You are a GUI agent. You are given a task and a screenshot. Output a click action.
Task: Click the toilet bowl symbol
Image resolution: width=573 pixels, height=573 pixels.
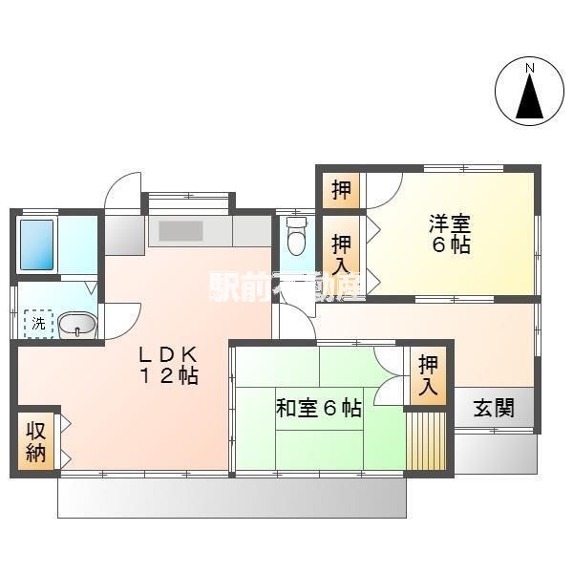(x=296, y=237)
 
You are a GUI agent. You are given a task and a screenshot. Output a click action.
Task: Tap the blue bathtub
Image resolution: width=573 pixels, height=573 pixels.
(x=36, y=244)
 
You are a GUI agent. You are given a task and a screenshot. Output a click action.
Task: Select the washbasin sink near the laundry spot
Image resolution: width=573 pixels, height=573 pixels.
(x=77, y=324)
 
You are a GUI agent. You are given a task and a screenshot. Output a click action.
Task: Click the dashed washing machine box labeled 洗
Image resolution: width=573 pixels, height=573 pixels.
(x=39, y=324)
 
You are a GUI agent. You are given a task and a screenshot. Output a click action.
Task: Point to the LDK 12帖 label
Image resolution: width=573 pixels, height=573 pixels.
(x=168, y=365)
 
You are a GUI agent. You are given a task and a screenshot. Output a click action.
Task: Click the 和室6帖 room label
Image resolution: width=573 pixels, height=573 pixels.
(x=319, y=408)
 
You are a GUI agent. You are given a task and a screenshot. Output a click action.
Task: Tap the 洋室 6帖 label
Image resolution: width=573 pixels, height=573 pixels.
(x=450, y=234)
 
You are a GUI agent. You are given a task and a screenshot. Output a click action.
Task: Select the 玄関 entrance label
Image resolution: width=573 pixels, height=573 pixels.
(x=494, y=408)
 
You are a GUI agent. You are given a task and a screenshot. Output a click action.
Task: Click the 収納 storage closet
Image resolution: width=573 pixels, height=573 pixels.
(x=36, y=441)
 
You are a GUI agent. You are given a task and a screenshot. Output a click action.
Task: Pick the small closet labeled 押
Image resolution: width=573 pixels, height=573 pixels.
(x=341, y=190)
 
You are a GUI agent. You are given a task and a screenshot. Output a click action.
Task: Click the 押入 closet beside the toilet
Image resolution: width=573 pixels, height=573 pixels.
(x=341, y=255)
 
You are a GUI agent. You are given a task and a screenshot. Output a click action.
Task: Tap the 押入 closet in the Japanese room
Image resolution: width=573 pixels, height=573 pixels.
(x=428, y=375)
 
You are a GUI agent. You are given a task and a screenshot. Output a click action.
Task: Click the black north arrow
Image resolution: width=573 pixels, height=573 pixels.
(x=529, y=95)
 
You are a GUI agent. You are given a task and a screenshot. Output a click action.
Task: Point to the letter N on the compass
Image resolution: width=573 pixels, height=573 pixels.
(x=529, y=68)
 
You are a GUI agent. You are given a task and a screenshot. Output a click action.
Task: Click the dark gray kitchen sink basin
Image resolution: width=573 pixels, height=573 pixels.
(x=180, y=231)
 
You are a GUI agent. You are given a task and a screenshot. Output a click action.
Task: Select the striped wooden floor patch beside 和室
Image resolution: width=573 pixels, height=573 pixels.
(x=426, y=441)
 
